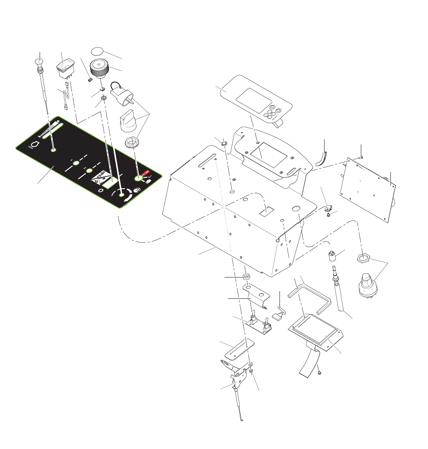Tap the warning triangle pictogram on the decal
[99, 179]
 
